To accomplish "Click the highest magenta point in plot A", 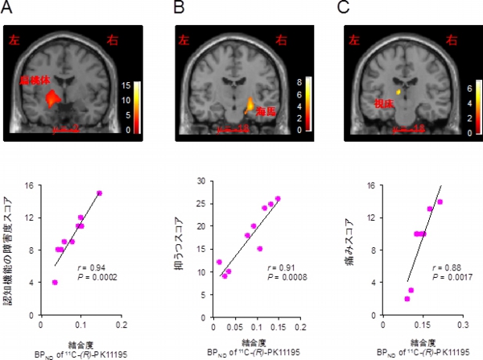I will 99,193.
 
